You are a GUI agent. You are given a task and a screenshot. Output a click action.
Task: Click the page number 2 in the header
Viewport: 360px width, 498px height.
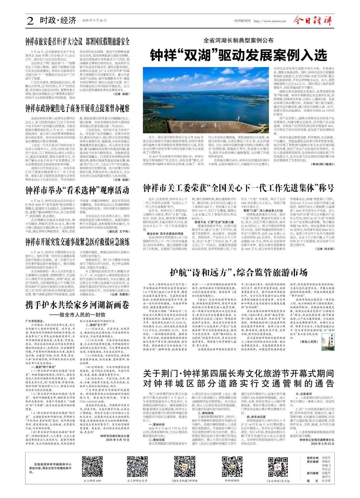coord(30,21)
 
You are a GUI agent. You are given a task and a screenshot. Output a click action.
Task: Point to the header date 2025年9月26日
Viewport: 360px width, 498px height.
coord(92,21)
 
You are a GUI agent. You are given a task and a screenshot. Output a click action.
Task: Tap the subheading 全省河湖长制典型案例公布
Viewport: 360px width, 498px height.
coord(238,41)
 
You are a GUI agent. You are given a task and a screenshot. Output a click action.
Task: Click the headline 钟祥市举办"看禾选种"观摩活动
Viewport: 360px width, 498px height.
coord(77,191)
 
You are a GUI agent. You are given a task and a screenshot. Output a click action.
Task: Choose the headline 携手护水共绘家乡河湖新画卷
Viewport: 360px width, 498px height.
coord(77,305)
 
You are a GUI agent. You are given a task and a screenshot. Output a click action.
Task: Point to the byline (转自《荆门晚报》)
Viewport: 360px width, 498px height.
coord(322,165)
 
